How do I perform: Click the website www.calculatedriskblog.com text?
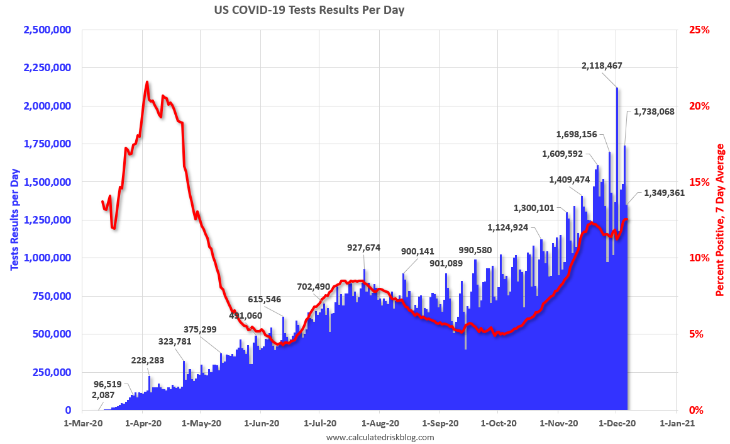[x=380, y=437]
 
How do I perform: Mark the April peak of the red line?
[x=147, y=82]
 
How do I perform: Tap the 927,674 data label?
[x=364, y=248]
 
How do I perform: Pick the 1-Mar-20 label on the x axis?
[x=84, y=423]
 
